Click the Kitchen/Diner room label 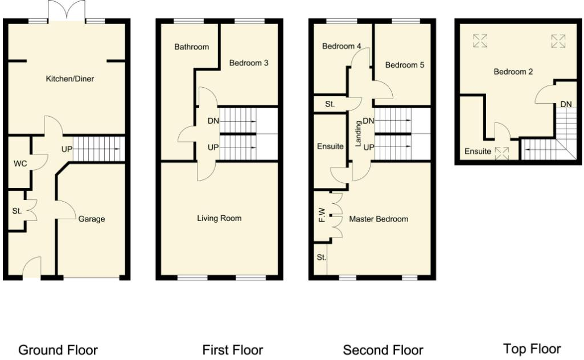pyautogui.click(x=69, y=79)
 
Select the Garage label pyautogui.click(x=91, y=219)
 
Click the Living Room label pyautogui.click(x=219, y=218)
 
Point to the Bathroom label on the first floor pyautogui.click(x=191, y=47)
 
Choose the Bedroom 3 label pyautogui.click(x=249, y=63)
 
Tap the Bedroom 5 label pyautogui.click(x=405, y=65)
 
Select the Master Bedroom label pyautogui.click(x=379, y=219)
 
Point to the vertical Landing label pyautogui.click(x=359, y=134)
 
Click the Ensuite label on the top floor pyautogui.click(x=477, y=152)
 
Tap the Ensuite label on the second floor pyautogui.click(x=330, y=146)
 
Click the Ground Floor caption pyautogui.click(x=58, y=350)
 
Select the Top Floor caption pyautogui.click(x=532, y=349)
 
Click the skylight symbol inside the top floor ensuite pyautogui.click(x=501, y=152)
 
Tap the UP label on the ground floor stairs pyautogui.click(x=67, y=149)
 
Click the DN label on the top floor pyautogui.click(x=566, y=104)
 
